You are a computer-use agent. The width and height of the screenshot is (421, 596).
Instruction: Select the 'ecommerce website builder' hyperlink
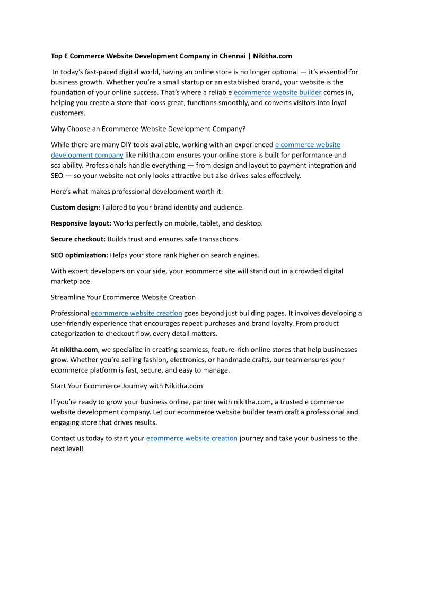(x=277, y=92)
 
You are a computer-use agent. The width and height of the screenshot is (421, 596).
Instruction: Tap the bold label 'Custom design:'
(x=75, y=207)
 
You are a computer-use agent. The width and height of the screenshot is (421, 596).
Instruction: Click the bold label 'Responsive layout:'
(x=81, y=223)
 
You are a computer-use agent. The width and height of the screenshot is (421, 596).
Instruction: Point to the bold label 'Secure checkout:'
(x=78, y=239)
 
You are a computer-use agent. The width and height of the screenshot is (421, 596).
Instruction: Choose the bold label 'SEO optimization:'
(x=80, y=255)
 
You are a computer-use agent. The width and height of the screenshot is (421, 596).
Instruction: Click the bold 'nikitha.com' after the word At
(x=78, y=349)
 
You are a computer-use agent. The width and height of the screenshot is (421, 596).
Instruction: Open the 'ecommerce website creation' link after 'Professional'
(x=136, y=313)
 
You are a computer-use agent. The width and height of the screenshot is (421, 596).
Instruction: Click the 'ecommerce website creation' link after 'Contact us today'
(x=191, y=438)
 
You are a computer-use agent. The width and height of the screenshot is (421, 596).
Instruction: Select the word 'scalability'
(x=66, y=166)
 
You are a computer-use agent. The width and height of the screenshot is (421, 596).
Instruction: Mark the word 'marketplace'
(x=71, y=281)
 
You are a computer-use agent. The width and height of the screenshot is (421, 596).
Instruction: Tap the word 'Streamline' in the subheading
(x=68, y=297)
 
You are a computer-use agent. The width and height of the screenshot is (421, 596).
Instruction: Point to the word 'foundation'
(x=69, y=92)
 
